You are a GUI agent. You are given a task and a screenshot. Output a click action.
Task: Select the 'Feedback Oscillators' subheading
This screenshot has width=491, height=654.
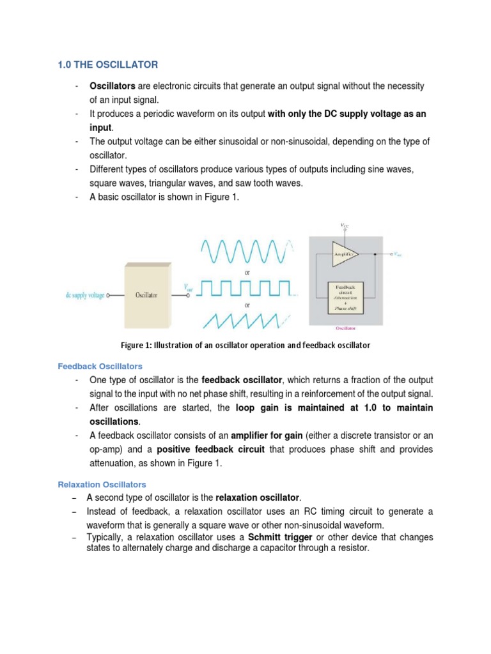pos(100,367)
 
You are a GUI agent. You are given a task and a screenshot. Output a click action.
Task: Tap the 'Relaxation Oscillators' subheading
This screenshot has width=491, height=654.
pos(102,484)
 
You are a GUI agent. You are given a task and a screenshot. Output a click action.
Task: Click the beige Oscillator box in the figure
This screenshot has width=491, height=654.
pos(146,294)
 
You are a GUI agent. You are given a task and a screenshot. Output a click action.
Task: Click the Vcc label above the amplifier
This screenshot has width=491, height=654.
pos(346,225)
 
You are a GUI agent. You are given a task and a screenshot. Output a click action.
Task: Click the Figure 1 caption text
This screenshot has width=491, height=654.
pos(245,345)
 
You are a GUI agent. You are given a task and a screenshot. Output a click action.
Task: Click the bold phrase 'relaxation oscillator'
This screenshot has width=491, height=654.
pos(257,498)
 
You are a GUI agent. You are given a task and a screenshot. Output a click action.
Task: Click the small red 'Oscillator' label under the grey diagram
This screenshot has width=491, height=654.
pos(345,329)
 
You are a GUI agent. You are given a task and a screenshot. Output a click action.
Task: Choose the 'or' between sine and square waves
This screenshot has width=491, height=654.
pos(246,272)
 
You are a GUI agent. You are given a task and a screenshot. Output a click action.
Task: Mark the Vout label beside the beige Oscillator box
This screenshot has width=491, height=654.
pos(189,288)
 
